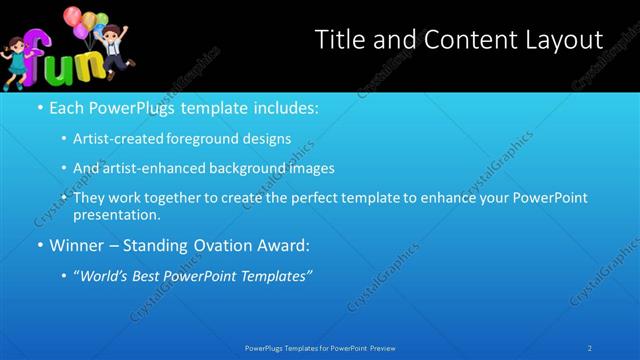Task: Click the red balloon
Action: pos(71,16)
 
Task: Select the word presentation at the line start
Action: pos(116,214)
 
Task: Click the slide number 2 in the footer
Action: pos(589,348)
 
